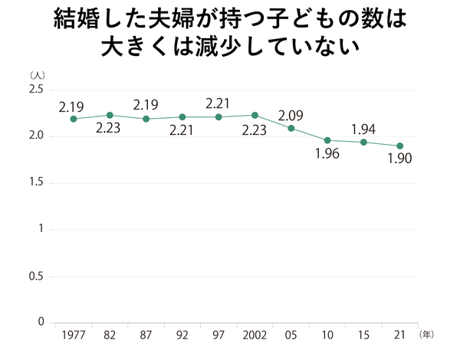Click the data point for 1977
coord(73,119)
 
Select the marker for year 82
coord(110,115)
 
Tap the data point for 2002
coord(255,115)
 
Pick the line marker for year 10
coord(327,140)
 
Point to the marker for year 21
coord(400,146)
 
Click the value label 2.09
coord(291,116)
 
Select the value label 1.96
coord(327,155)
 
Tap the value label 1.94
coord(363,129)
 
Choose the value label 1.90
coord(400,161)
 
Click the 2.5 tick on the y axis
coord(35,90)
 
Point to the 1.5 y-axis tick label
coord(35,183)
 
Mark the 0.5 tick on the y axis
coord(35,276)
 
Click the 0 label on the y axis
coord(41,322)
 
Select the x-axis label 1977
coord(73,335)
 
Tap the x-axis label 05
coord(291,335)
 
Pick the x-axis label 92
coord(182,335)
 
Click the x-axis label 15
coord(363,335)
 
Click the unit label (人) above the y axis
coord(38,75)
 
